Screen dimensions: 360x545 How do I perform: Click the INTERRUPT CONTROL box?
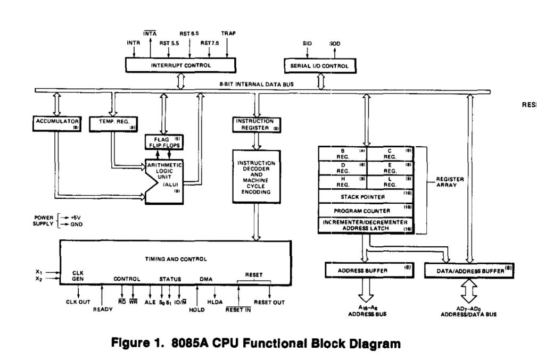pos(181,65)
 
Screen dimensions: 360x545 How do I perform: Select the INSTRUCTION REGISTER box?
pos(256,124)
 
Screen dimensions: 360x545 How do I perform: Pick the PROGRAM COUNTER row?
pos(366,210)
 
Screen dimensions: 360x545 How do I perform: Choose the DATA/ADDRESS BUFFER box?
pos(469,270)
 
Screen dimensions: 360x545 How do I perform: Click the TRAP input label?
pos(228,33)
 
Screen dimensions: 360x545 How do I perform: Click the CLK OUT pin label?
pos(79,302)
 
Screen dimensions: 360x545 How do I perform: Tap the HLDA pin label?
pos(218,302)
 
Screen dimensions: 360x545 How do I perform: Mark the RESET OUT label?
pos(269,302)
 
